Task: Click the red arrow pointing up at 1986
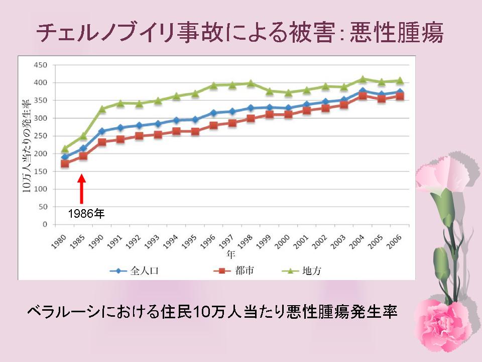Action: pyautogui.click(x=82, y=189)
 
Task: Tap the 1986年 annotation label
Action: pyautogui.click(x=86, y=214)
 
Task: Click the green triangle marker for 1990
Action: pyautogui.click(x=102, y=109)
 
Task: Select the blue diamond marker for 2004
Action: pyautogui.click(x=362, y=91)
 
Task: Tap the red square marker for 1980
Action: pyautogui.click(x=65, y=163)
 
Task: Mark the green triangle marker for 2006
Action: pyautogui.click(x=400, y=80)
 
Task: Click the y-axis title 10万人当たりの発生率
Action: pyautogui.click(x=26, y=146)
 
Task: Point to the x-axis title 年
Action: pyautogui.click(x=230, y=254)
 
